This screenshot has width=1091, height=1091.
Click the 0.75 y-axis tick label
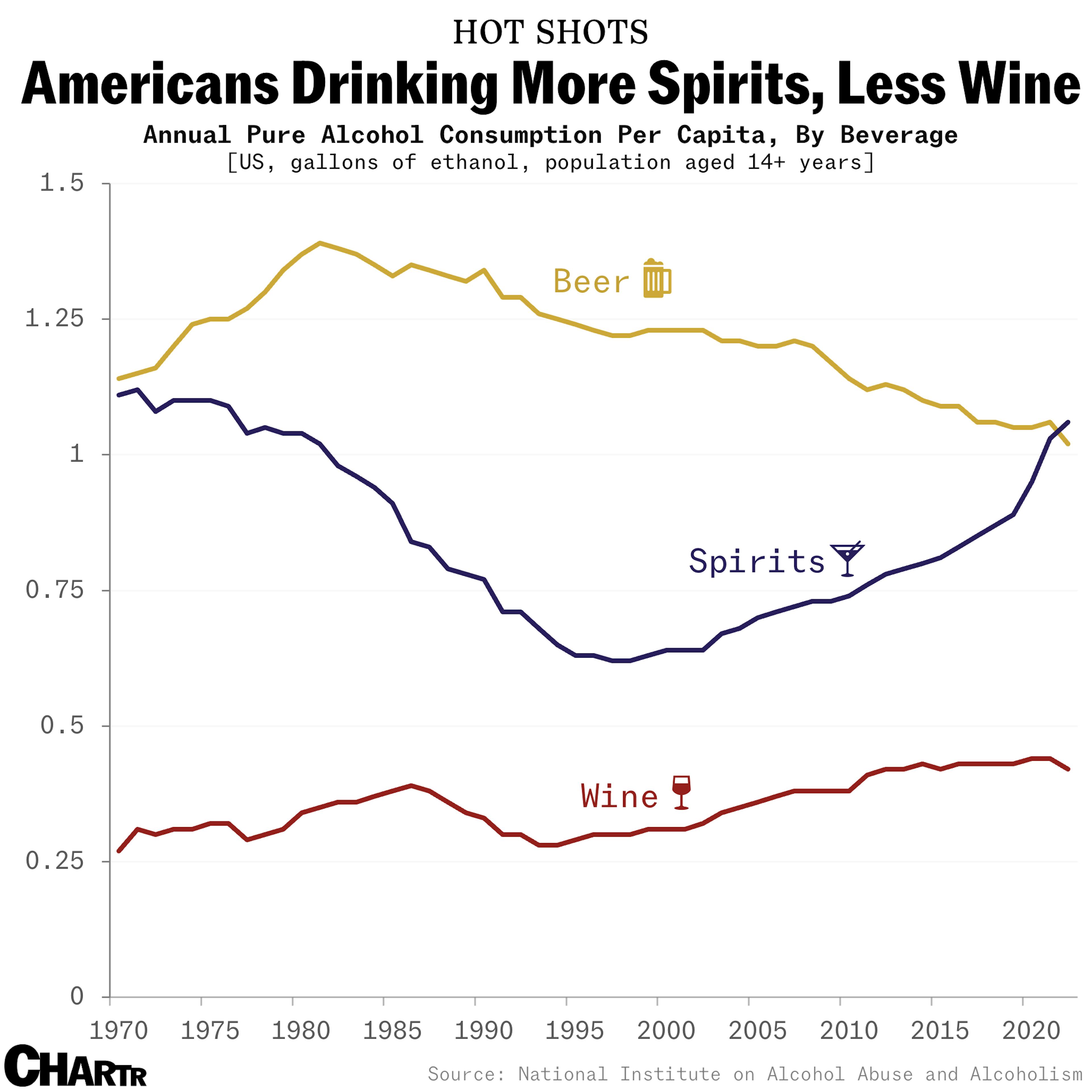[55, 590]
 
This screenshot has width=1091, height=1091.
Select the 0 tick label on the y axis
[77, 997]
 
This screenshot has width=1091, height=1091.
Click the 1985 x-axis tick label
[392, 1031]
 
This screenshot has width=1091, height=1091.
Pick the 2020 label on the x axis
[1031, 1031]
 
